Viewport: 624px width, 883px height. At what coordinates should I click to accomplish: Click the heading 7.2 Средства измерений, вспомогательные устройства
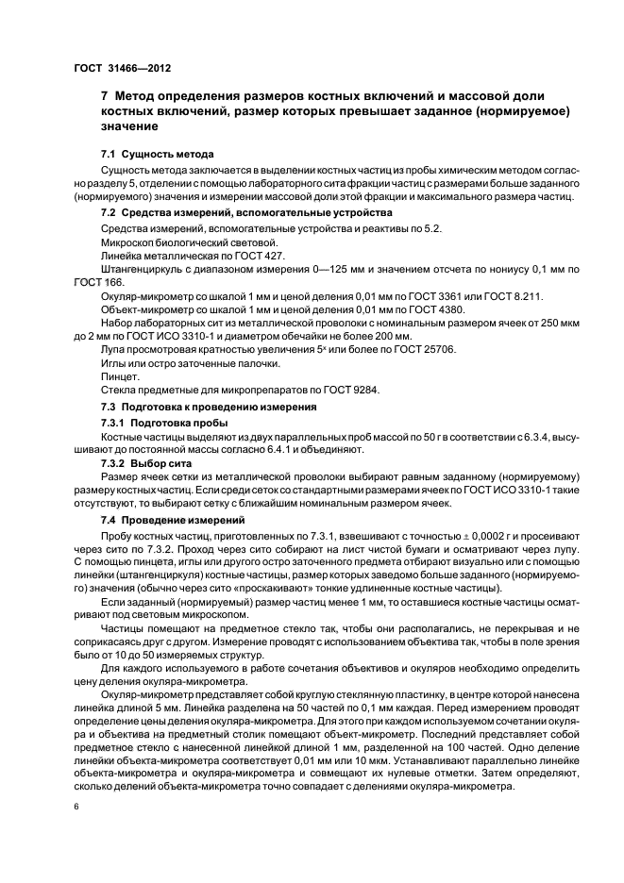click(233, 213)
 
